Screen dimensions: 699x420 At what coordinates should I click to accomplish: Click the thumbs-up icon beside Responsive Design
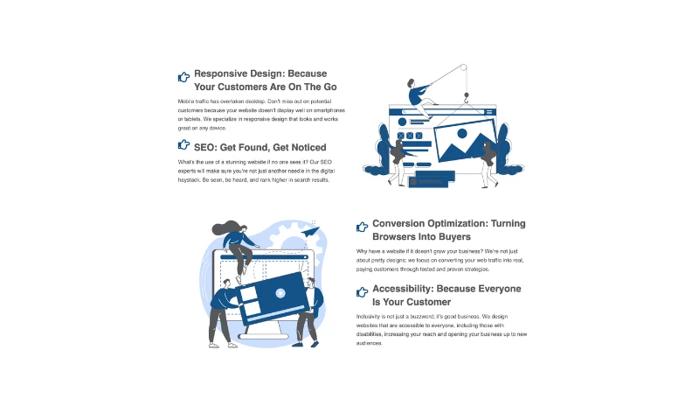coord(183,77)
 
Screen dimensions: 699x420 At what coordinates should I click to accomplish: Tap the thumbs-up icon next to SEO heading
coord(183,144)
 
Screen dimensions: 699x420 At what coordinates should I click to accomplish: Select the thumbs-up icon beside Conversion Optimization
coord(362,227)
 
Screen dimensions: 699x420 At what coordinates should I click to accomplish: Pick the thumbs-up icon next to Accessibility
coord(362,292)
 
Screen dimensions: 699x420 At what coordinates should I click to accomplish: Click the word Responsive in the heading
coord(221,73)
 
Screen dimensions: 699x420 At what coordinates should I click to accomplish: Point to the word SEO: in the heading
coord(205,147)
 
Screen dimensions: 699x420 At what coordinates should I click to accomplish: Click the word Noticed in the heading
coord(308,147)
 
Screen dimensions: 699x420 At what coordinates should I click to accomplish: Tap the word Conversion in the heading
coord(399,223)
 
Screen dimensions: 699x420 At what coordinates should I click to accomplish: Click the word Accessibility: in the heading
coord(403,289)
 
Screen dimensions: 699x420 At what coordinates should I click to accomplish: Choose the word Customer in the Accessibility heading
coord(428,302)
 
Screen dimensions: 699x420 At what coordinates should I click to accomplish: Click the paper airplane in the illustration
coord(311,232)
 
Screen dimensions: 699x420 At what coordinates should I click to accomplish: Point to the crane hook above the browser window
coord(467,98)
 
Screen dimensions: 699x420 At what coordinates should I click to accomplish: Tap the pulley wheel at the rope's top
coord(464,67)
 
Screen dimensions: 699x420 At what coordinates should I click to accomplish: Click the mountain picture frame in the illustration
coord(466,140)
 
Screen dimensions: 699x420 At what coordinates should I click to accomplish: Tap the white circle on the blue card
coord(280,293)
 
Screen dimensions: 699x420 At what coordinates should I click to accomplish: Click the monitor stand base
coord(264,336)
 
